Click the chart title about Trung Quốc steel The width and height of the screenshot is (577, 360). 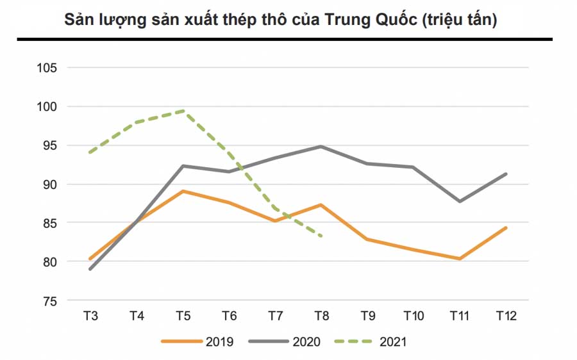pyautogui.click(x=281, y=20)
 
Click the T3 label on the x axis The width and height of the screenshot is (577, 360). pyautogui.click(x=90, y=315)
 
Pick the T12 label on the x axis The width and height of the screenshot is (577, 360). pyautogui.click(x=506, y=315)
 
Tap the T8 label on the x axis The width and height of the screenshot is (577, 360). pyautogui.click(x=321, y=315)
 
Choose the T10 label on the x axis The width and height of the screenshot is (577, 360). pyautogui.click(x=414, y=315)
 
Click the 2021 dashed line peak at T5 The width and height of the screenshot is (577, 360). pyautogui.click(x=183, y=111)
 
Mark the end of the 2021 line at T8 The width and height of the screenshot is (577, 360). pyautogui.click(x=321, y=236)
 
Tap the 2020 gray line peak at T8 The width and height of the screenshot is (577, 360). pyautogui.click(x=321, y=147)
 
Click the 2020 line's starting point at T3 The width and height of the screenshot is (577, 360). pyautogui.click(x=90, y=269)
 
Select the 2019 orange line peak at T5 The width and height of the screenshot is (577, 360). pyautogui.click(x=183, y=191)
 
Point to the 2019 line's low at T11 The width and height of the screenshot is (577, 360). pyautogui.click(x=460, y=259)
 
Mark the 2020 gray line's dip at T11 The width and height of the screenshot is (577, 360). pyautogui.click(x=460, y=201)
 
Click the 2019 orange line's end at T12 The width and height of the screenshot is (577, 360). pyautogui.click(x=506, y=227)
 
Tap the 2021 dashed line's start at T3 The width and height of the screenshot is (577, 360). pyautogui.click(x=90, y=152)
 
